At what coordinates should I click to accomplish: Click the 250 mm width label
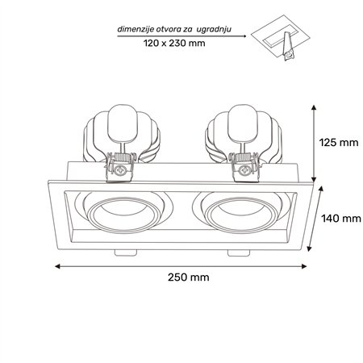[189, 277]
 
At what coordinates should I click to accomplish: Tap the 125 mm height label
[339, 142]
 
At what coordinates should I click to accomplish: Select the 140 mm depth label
[341, 218]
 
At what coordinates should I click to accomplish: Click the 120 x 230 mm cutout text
[174, 43]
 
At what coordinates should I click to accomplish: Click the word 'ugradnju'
[214, 29]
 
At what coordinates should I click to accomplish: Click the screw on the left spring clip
[119, 170]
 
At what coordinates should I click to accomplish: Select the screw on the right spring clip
[244, 170]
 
